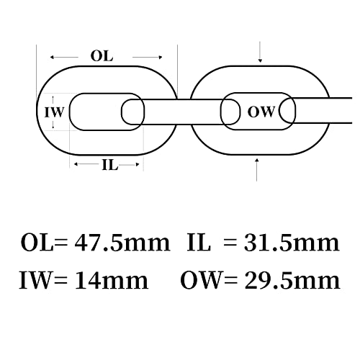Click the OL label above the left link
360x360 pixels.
(x=102, y=56)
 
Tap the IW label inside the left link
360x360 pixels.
(x=55, y=112)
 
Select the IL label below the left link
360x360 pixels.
(x=110, y=165)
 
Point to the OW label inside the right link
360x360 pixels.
(x=261, y=112)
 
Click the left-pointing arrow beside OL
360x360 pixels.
(x=64, y=58)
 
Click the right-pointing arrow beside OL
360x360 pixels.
(x=148, y=58)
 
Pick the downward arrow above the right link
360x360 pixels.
(x=260, y=52)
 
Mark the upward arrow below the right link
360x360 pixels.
(x=257, y=170)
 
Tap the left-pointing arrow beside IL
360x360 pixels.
(x=87, y=164)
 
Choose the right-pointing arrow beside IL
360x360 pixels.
(x=129, y=165)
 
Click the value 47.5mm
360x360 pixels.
(x=122, y=243)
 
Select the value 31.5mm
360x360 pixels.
(x=292, y=243)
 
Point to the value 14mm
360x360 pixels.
(x=112, y=280)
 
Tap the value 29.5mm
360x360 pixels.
(x=292, y=280)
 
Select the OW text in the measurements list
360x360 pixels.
(x=200, y=280)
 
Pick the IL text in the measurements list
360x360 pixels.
(x=199, y=243)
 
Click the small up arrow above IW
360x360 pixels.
(x=53, y=100)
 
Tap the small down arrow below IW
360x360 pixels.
(x=53, y=125)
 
